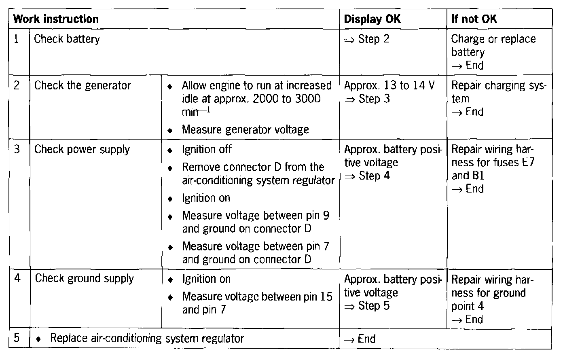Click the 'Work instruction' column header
click(56, 19)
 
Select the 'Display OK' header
click(372, 19)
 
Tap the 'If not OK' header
click(474, 19)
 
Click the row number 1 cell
click(17, 39)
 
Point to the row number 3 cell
click(17, 149)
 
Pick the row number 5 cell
click(17, 338)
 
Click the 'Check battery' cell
click(67, 39)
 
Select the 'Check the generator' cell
click(83, 86)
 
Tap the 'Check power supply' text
click(82, 150)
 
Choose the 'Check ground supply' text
click(84, 278)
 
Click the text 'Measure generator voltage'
click(245, 129)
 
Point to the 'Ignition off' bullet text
click(207, 149)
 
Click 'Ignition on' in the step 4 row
click(206, 279)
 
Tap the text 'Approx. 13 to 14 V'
click(389, 86)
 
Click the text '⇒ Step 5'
click(367, 306)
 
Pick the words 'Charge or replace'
click(493, 39)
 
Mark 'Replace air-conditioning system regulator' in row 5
click(147, 338)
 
